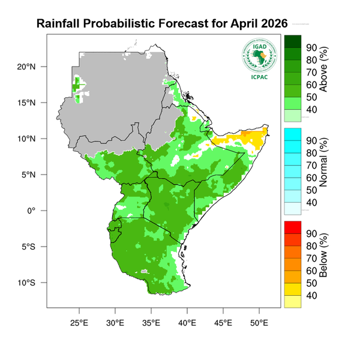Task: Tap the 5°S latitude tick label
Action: coord(29,247)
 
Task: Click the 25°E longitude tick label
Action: coord(79,323)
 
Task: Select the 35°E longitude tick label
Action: coord(151,323)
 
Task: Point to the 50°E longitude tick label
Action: coord(259,323)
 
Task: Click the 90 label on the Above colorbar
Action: coord(312,47)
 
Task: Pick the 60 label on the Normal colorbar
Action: coord(312,178)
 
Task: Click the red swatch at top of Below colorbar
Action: coord(293,226)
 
